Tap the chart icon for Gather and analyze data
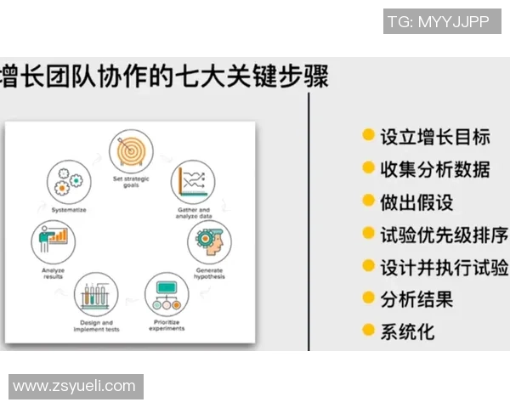pyautogui.click(x=192, y=181)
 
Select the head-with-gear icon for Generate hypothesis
pyautogui.click(x=208, y=244)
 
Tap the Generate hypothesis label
pyautogui.click(x=208, y=273)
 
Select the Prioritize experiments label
pyautogui.click(x=167, y=325)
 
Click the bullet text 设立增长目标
pyautogui.click(x=434, y=136)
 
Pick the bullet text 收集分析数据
pyautogui.click(x=434, y=168)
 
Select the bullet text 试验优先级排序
pyautogui.click(x=444, y=234)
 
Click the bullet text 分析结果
pyautogui.click(x=416, y=298)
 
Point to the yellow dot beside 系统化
pyautogui.click(x=368, y=330)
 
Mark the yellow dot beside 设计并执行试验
pyautogui.click(x=368, y=265)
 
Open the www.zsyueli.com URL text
pyautogui.click(x=75, y=386)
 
